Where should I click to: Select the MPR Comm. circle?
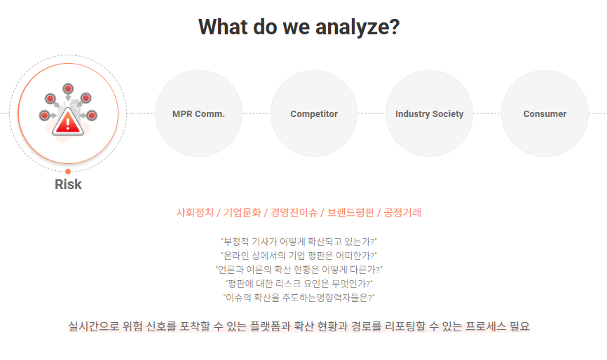(198, 113)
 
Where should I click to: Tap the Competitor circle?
(314, 113)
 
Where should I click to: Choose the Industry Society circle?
(429, 113)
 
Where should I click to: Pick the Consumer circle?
(545, 113)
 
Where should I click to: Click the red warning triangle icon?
(68, 122)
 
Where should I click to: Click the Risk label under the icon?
(68, 184)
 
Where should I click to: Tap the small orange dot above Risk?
(68, 171)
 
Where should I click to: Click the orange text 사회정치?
(194, 212)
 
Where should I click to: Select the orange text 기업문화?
(242, 212)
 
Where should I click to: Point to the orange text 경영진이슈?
(294, 212)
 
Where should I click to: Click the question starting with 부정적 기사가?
(299, 242)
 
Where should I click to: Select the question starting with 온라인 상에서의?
(299, 256)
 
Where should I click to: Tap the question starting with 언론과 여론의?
(299, 270)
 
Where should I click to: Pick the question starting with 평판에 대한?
(299, 284)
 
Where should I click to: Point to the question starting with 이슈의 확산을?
(299, 298)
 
